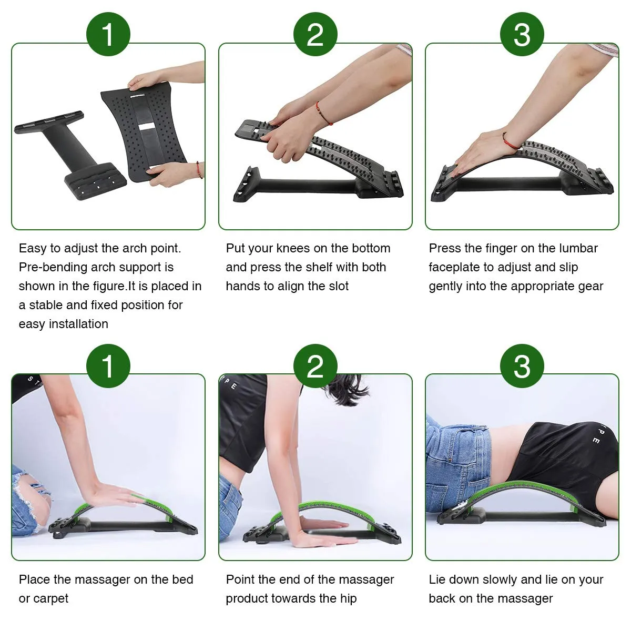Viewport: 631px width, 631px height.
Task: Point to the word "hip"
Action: pyautogui.click(x=348, y=598)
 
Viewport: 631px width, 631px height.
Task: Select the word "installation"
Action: pyautogui.click(x=78, y=324)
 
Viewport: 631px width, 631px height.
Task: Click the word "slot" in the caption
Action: pyautogui.click(x=338, y=286)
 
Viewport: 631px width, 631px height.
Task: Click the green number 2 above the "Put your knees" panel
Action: pyautogui.click(x=315, y=34)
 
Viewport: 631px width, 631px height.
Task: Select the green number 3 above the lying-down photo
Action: pyautogui.click(x=522, y=366)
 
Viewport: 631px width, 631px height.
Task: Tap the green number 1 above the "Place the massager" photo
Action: pyautogui.click(x=108, y=366)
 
